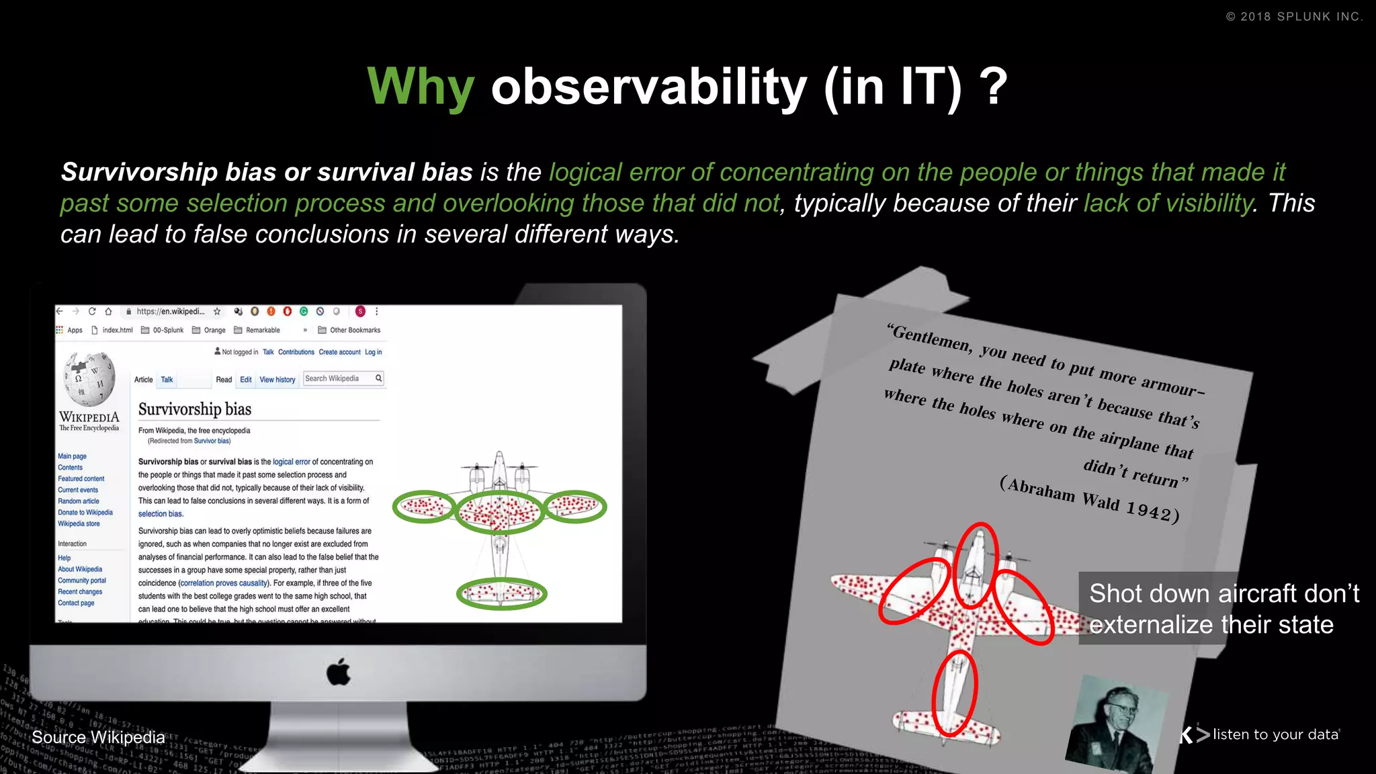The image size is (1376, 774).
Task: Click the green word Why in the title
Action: (421, 87)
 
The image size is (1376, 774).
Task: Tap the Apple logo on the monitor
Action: (339, 672)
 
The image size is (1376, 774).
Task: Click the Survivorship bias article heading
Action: (195, 409)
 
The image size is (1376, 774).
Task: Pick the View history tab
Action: (277, 380)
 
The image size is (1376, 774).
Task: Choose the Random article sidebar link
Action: (78, 501)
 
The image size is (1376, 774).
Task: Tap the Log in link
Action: (373, 352)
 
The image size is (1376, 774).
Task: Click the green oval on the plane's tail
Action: (501, 594)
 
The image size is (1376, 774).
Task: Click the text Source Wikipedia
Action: (98, 737)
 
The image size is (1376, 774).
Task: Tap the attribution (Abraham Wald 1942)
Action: (1088, 499)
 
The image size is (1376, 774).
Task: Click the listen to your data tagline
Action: (1275, 734)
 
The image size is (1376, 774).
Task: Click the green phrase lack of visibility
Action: (1168, 203)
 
